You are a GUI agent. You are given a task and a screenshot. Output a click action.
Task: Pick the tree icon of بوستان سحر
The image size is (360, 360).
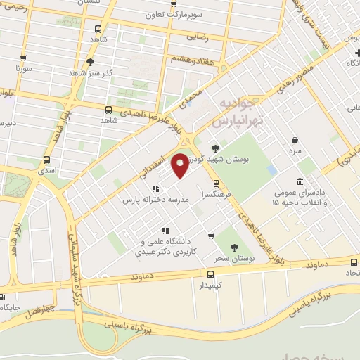coord(234,247)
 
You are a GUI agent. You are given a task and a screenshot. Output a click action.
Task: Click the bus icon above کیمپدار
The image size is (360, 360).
coord(210,275)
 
